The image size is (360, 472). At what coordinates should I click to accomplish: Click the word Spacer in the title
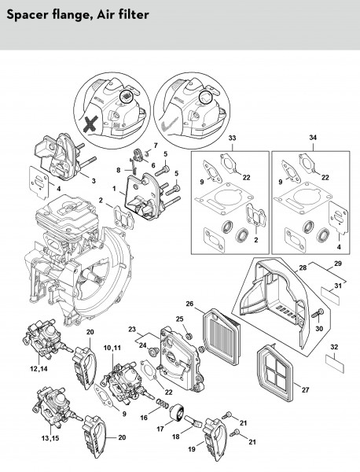[x=27, y=15]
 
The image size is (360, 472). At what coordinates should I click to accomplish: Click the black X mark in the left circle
[x=91, y=124]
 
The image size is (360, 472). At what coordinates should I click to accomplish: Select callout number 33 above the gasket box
[x=232, y=138]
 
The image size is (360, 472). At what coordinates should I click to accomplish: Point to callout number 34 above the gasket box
[x=313, y=138]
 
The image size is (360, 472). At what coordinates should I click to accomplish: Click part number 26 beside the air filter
[x=189, y=304]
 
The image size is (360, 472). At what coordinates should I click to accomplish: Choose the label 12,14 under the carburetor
[x=39, y=368]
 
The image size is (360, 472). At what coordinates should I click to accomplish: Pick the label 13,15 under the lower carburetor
[x=50, y=438]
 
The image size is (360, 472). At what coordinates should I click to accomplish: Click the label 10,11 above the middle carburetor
[x=112, y=348]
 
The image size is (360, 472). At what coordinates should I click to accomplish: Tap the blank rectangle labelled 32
[x=335, y=363]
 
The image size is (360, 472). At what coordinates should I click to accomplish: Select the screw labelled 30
[x=318, y=313]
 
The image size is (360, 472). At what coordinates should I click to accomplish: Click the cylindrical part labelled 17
[x=176, y=413]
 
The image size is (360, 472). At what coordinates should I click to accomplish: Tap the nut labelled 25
[x=189, y=335]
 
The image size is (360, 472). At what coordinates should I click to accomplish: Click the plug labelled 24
[x=153, y=352]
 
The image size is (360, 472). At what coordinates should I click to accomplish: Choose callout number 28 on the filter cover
[x=303, y=267]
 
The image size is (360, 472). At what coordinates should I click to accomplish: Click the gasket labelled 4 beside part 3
[x=40, y=182]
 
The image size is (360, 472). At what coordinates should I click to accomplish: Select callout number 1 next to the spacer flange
[x=114, y=189]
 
